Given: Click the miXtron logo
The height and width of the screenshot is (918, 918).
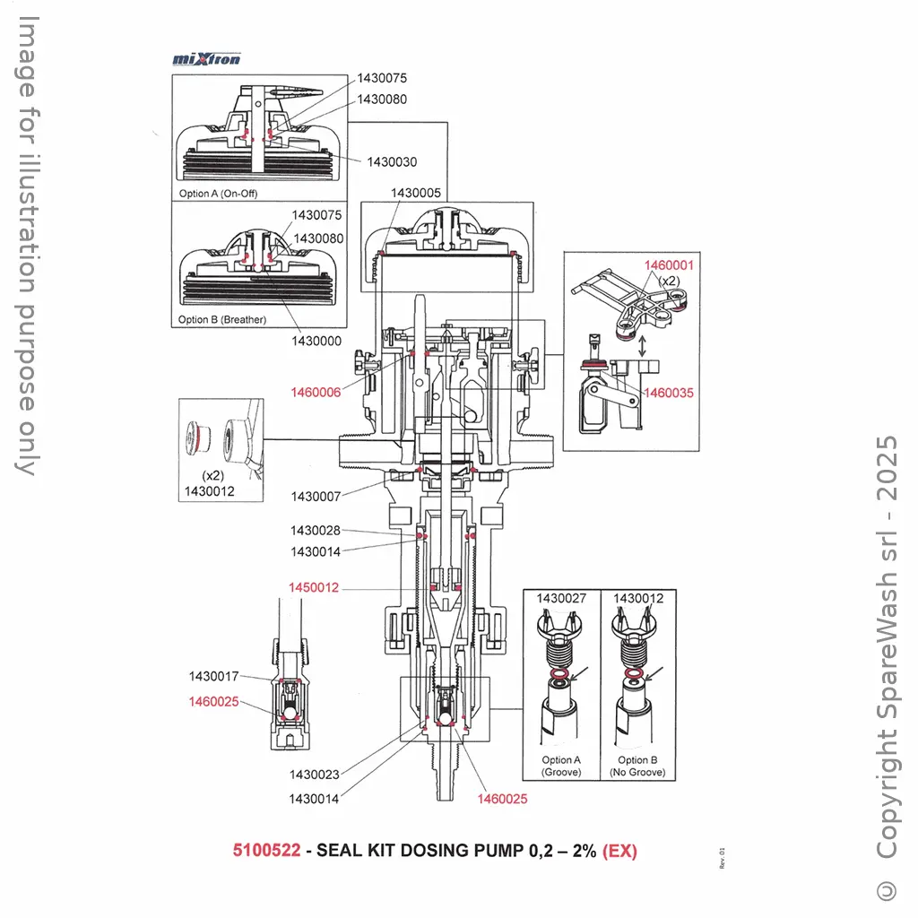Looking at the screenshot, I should [x=206, y=59].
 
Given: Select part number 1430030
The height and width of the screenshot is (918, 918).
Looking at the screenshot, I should [x=392, y=161].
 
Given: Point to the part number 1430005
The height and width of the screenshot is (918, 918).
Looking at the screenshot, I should [x=416, y=193].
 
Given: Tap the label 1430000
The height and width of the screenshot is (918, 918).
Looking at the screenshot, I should [x=316, y=342].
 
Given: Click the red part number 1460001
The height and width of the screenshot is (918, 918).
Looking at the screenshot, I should [x=669, y=265].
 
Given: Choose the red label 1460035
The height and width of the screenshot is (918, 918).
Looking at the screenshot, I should [x=669, y=393].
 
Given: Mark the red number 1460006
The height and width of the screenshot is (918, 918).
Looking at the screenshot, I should [x=316, y=393].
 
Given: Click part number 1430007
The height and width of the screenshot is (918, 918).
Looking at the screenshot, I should [x=316, y=497].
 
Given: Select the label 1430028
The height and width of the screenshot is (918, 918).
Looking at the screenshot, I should [x=316, y=531].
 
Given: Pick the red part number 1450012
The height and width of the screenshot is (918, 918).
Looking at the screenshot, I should [x=314, y=588].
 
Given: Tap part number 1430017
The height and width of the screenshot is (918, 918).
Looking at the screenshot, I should [x=213, y=676].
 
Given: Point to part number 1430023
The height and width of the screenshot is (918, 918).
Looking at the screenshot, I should [x=314, y=775].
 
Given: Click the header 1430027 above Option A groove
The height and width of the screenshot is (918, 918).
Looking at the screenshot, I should [x=561, y=599].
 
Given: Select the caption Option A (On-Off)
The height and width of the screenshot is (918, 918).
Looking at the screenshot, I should [x=218, y=194].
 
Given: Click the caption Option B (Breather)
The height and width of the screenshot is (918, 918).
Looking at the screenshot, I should [x=222, y=320].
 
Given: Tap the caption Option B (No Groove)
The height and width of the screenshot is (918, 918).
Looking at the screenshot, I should [x=637, y=766].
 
